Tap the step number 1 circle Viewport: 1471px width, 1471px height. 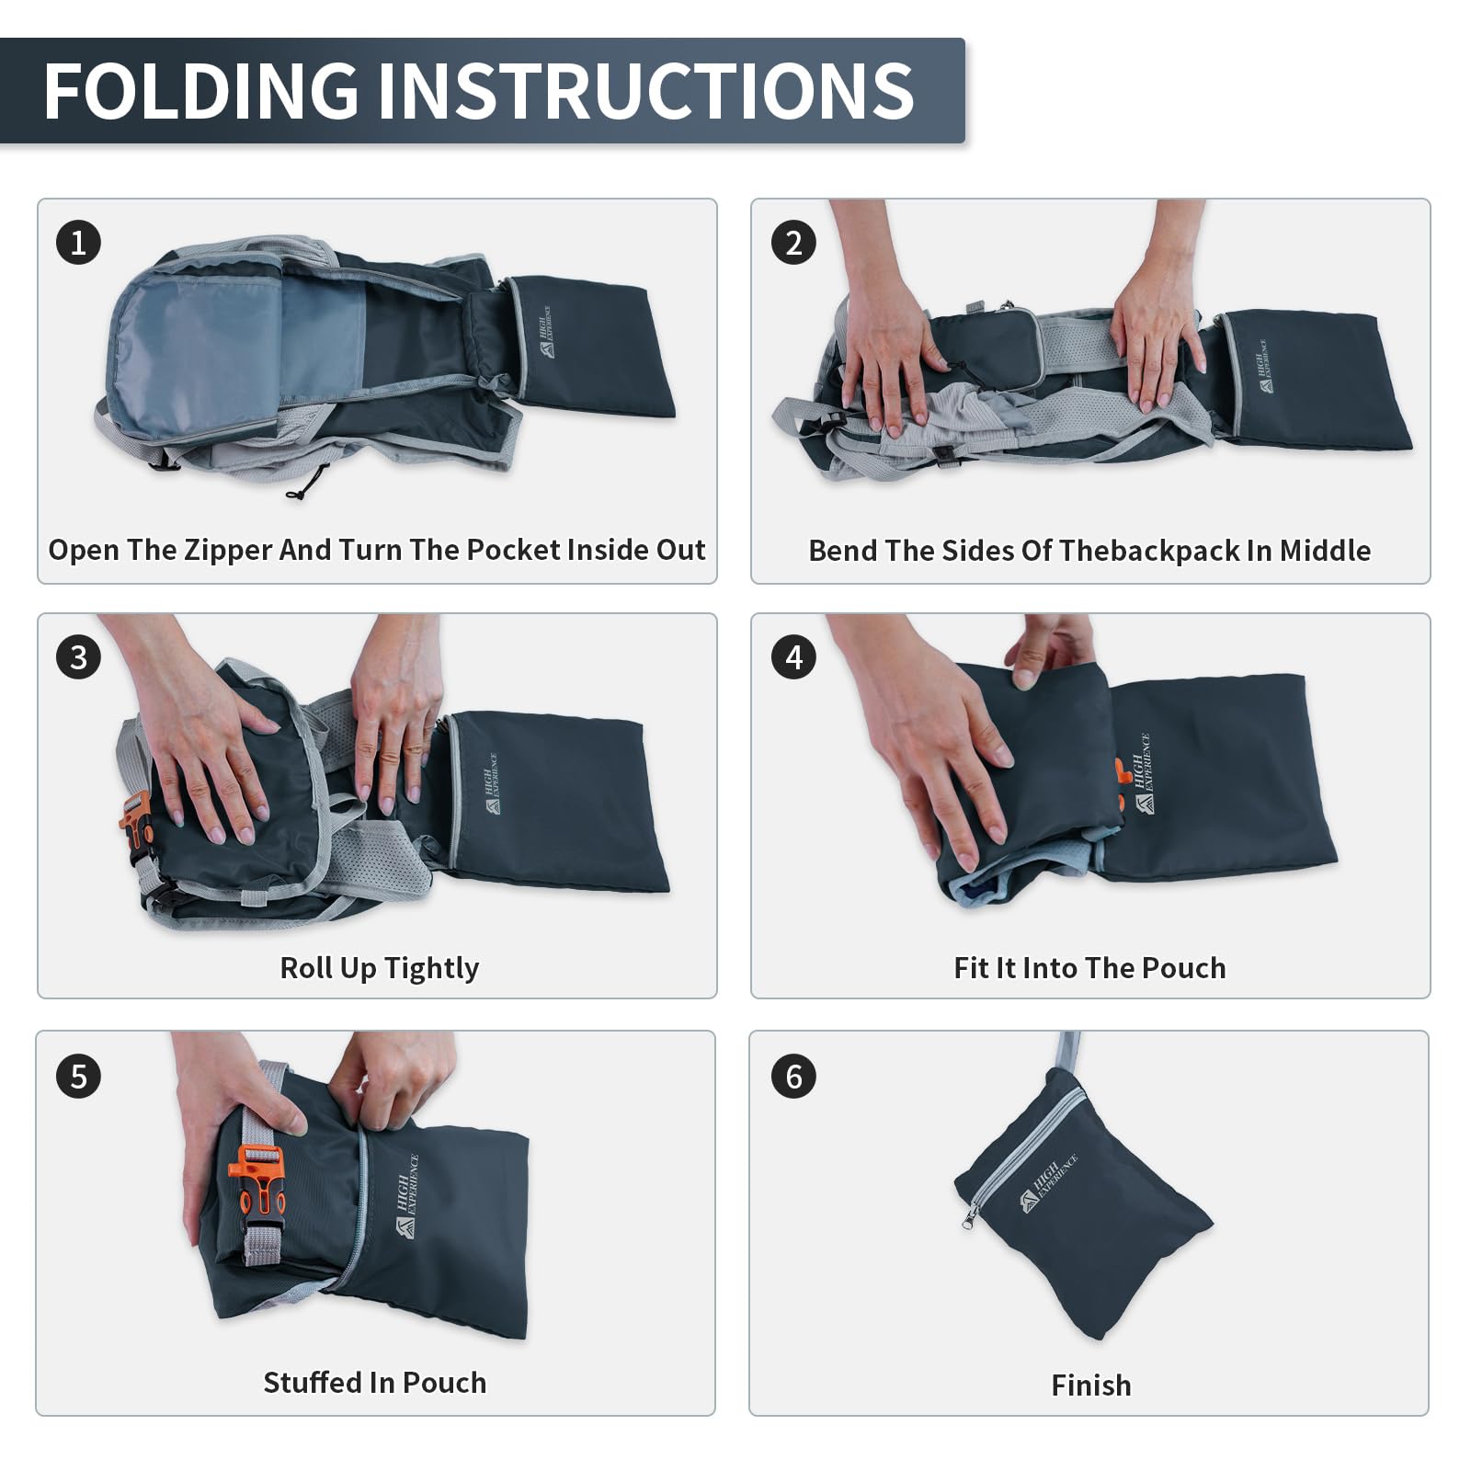click(78, 243)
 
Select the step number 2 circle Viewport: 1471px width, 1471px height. click(793, 243)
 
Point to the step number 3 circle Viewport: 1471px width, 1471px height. click(78, 657)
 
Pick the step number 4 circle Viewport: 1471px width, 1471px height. click(793, 657)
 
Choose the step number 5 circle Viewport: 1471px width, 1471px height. click(78, 1077)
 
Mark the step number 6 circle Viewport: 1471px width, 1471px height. click(793, 1077)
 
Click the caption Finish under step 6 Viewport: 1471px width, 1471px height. click(1091, 1385)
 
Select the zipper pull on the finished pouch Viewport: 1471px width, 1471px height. click(968, 1218)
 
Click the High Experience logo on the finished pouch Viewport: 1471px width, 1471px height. click(1048, 1182)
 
